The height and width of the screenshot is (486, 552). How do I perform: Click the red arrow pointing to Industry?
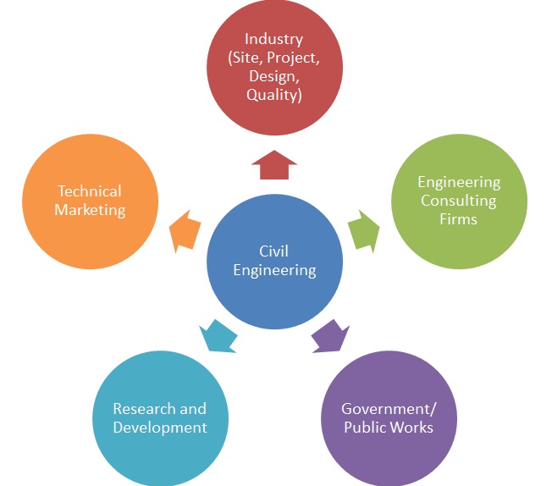click(x=274, y=165)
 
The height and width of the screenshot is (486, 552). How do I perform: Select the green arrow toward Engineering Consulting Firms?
click(x=364, y=231)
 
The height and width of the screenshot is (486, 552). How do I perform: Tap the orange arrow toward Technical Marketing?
click(x=185, y=231)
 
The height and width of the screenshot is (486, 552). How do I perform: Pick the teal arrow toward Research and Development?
click(x=218, y=335)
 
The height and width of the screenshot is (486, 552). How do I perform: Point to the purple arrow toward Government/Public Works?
click(x=330, y=335)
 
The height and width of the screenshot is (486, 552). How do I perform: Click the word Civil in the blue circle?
click(x=274, y=251)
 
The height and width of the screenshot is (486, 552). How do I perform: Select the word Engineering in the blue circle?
click(x=274, y=270)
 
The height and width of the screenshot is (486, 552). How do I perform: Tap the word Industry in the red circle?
click(x=274, y=39)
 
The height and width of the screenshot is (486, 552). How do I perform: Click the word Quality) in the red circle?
click(x=274, y=95)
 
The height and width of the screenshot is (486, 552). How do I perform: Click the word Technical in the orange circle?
click(x=90, y=191)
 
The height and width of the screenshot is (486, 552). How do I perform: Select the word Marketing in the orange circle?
click(x=90, y=210)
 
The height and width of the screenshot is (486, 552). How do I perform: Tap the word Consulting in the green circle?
click(x=459, y=201)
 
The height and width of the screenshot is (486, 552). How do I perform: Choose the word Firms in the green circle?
click(x=458, y=219)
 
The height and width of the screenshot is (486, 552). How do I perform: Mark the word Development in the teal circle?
click(x=160, y=428)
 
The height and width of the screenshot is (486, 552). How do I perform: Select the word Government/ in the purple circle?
click(x=389, y=409)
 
